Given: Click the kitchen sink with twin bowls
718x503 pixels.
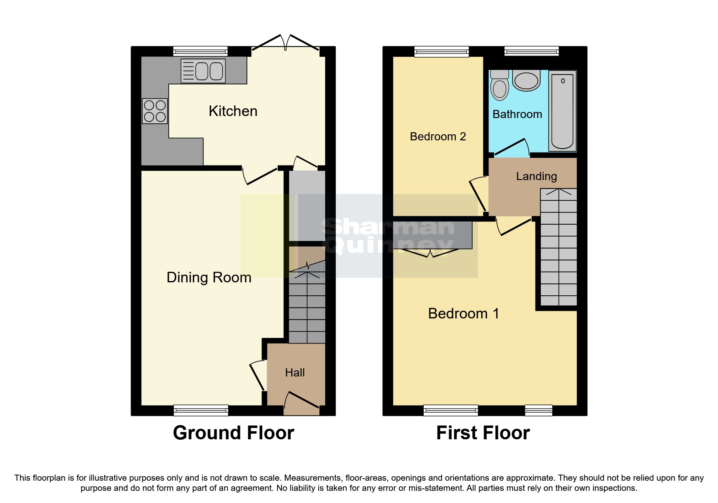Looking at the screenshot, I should click(203, 71).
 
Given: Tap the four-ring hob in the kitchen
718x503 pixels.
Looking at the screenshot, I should click(155, 111).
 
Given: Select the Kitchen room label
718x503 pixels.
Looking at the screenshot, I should click(233, 111).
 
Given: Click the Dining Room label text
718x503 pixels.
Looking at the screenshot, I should click(209, 277).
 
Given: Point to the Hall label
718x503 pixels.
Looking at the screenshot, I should click(295, 373).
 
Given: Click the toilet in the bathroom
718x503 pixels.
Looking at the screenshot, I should click(499, 86).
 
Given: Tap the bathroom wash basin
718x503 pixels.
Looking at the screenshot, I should click(526, 80).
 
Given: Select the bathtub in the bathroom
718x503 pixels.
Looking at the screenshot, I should click(563, 111).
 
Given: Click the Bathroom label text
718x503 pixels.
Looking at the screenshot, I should click(517, 114).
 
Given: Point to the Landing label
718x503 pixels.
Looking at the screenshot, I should click(536, 176).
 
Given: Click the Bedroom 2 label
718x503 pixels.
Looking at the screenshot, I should click(438, 137).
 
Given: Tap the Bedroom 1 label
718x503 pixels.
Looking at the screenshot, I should click(463, 314).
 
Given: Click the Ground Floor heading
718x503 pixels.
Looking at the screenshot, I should click(233, 433).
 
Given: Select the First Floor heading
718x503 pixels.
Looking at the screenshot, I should click(483, 433).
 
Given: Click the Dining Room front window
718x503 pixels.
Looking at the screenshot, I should click(201, 410).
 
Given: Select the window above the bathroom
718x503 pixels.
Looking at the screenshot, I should click(531, 51).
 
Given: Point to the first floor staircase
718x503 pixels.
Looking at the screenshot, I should click(559, 247).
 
